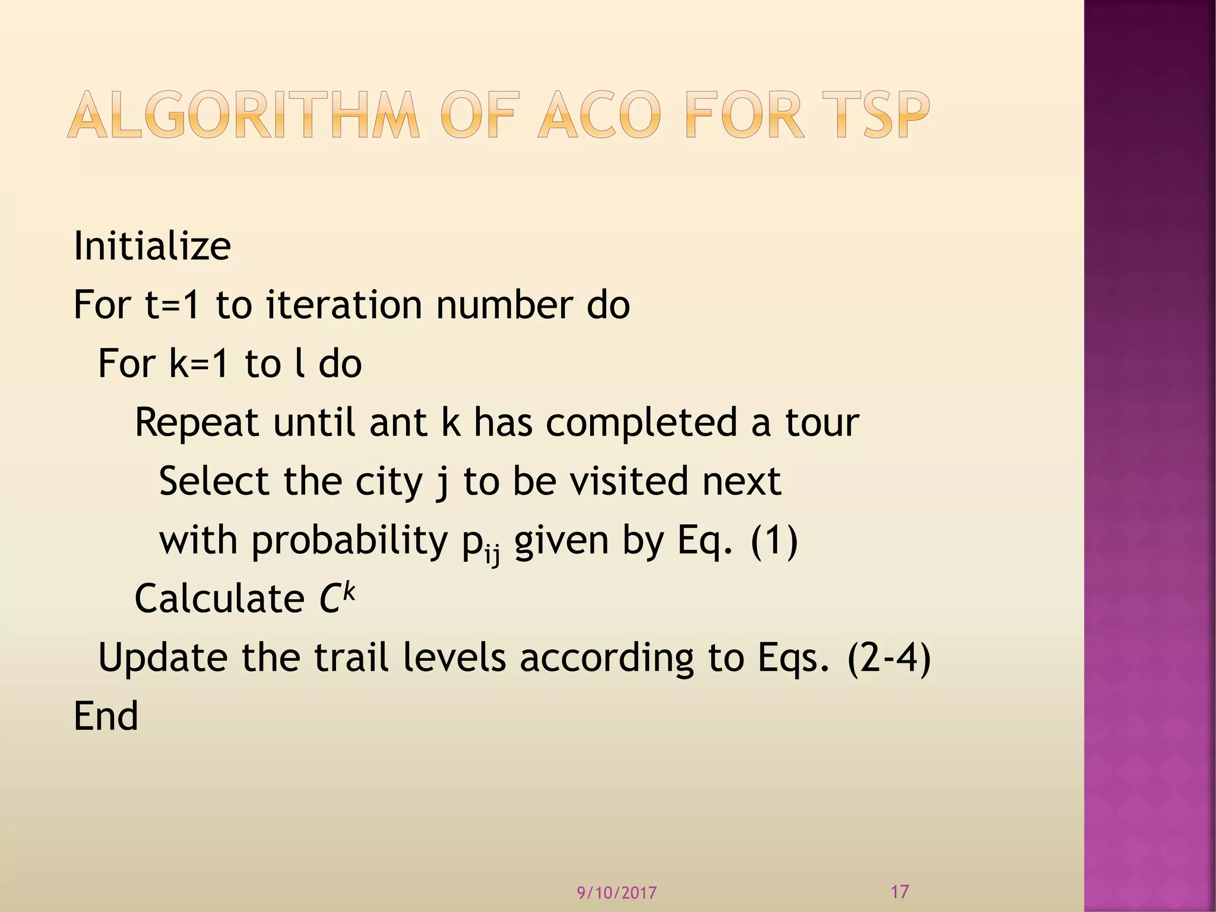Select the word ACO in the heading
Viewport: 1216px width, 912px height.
click(x=599, y=115)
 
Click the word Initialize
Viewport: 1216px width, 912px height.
click(x=152, y=246)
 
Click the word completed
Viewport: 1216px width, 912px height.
click(x=642, y=423)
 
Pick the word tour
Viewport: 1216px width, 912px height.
click(x=822, y=423)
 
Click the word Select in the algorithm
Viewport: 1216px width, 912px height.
click(x=214, y=481)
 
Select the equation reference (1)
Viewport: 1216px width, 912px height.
click(x=774, y=540)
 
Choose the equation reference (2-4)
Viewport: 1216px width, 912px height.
click(x=889, y=657)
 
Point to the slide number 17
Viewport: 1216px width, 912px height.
click(x=900, y=891)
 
